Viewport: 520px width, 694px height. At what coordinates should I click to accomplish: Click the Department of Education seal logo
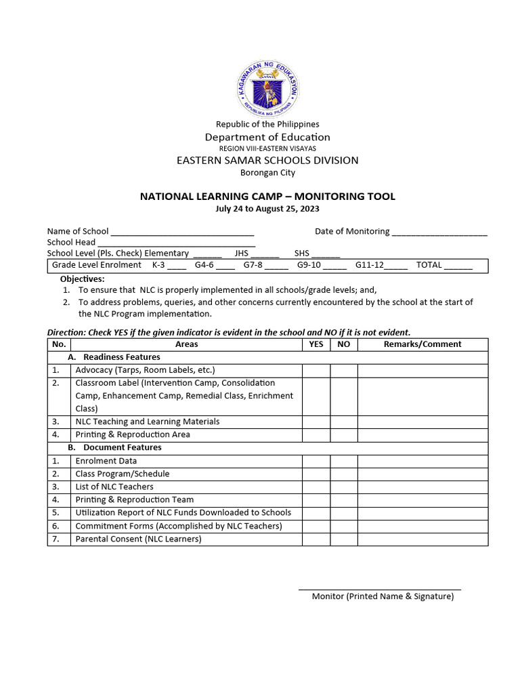[267, 88]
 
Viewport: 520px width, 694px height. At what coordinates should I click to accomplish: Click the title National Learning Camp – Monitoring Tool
[267, 197]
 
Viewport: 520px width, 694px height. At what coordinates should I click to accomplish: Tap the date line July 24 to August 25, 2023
[267, 209]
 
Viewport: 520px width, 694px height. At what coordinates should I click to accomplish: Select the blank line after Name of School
[182, 232]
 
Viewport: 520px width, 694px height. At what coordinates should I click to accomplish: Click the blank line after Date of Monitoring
[439, 232]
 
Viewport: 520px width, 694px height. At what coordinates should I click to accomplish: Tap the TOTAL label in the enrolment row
[429, 265]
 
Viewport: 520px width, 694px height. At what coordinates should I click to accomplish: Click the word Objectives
[83, 279]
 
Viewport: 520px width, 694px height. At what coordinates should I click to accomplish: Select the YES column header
[316, 344]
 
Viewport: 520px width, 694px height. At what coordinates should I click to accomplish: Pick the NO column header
[344, 344]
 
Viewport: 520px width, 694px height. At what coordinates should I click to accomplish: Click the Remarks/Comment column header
[422, 344]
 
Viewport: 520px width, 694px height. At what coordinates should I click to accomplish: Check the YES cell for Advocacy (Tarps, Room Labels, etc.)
[316, 371]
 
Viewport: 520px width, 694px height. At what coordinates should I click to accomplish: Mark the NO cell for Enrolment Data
[344, 461]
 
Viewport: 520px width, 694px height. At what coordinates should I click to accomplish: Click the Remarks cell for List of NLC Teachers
[422, 487]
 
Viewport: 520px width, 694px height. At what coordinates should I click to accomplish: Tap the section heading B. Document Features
[114, 448]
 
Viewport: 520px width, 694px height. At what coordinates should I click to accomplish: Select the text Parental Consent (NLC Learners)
[138, 539]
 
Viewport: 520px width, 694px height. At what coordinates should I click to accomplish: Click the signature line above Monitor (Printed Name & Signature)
[380, 590]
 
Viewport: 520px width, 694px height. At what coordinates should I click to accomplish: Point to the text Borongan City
[267, 173]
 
